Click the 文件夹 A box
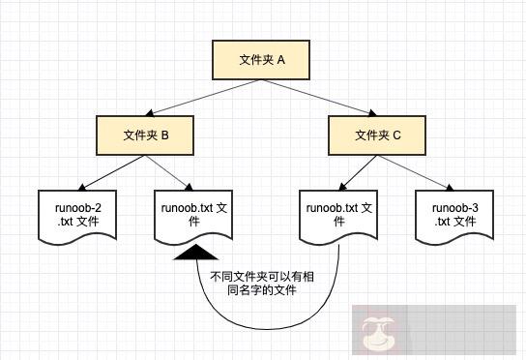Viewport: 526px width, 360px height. pyautogui.click(x=262, y=60)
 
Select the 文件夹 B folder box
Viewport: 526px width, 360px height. pyautogui.click(x=146, y=135)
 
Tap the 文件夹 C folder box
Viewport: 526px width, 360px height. pyautogui.click(x=377, y=135)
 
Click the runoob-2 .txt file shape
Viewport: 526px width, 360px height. pyautogui.click(x=77, y=215)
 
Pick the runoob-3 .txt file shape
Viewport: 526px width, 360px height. pyautogui.click(x=454, y=215)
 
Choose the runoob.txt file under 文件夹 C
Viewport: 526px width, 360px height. pyautogui.click(x=339, y=215)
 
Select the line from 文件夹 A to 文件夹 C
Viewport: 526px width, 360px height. pyautogui.click(x=319, y=98)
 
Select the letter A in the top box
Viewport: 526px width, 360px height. pyautogui.click(x=281, y=60)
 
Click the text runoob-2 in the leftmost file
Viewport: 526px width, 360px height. pyautogui.click(x=77, y=208)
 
